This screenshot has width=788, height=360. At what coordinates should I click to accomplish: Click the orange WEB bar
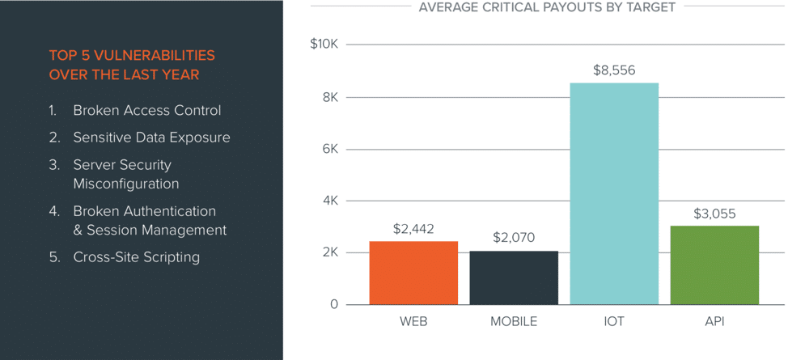pos(413,273)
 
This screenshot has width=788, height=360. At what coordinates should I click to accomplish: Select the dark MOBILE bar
pos(514,277)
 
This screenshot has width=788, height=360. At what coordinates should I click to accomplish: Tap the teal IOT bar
pos(614,193)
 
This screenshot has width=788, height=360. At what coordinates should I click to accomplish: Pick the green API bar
pos(714,265)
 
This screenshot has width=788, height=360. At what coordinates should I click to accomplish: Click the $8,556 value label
pos(614,70)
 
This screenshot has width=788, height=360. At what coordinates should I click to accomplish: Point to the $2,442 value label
pos(413,229)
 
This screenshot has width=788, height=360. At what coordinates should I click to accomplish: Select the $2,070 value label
pos(514,239)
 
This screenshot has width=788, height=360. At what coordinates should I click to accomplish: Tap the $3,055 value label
pos(714,214)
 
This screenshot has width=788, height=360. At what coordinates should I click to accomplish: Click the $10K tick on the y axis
pos(324,44)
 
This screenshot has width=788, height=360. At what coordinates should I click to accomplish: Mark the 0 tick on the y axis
pos(333,305)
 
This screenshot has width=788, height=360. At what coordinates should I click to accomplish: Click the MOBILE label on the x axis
pos(514,322)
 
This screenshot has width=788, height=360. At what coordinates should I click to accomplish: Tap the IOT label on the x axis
pos(614,322)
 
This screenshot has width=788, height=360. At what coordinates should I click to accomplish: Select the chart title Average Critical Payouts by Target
pos(547,7)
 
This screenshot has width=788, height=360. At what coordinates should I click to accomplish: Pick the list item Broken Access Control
pos(146,110)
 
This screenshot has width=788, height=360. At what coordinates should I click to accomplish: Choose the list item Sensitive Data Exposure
pos(151,138)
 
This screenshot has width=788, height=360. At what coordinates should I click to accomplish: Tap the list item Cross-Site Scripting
pos(136,257)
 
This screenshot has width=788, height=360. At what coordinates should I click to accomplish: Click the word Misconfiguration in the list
pos(125,184)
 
